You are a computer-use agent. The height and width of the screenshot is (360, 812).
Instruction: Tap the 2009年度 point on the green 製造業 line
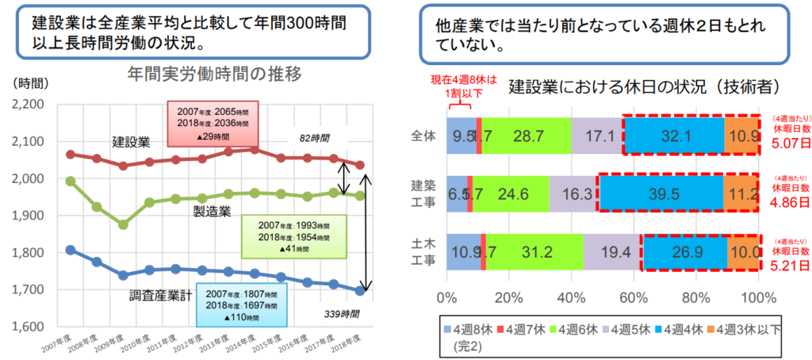(x=122, y=224)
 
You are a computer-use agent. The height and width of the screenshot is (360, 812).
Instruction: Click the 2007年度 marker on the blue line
(x=71, y=251)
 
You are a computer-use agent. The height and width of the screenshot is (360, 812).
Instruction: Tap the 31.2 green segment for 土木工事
(x=534, y=251)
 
